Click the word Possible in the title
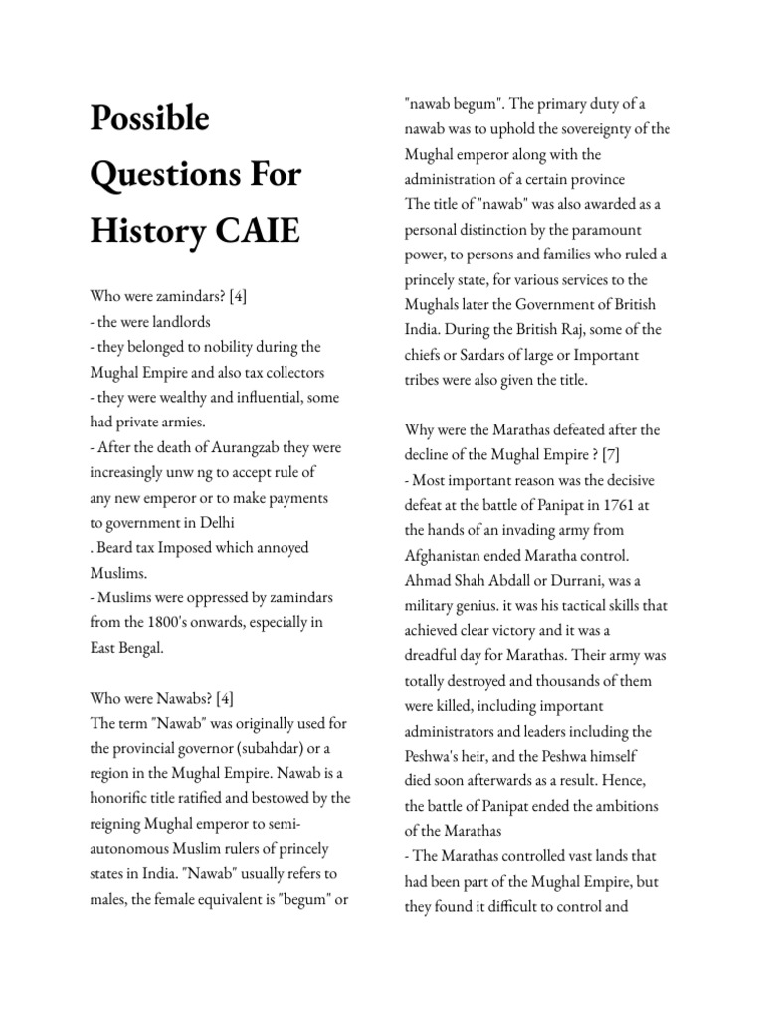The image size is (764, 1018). coord(150,118)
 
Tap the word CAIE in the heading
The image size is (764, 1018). coord(253,233)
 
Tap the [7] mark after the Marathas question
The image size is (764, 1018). coord(636,454)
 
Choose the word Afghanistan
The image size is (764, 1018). coord(448,555)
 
